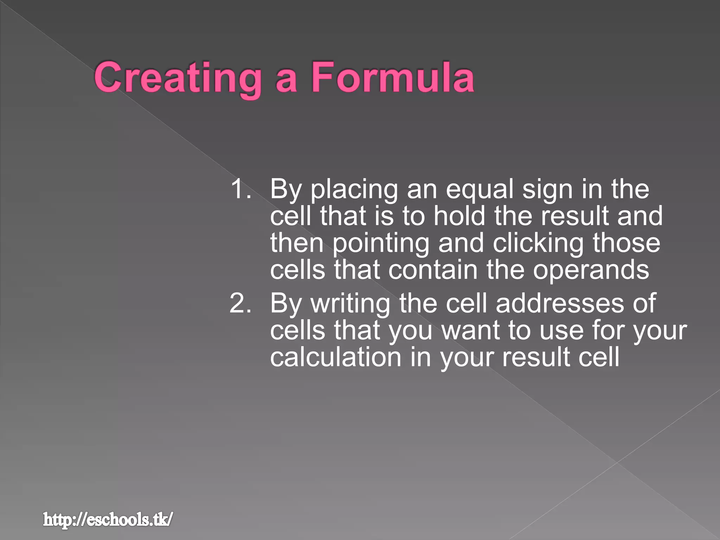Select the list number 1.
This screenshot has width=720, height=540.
point(240,189)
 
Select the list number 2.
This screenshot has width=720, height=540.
point(240,303)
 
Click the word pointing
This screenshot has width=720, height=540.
point(381,243)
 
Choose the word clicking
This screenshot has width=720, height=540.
point(538,243)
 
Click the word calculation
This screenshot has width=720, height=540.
point(336,357)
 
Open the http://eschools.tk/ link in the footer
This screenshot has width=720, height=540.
point(108,519)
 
